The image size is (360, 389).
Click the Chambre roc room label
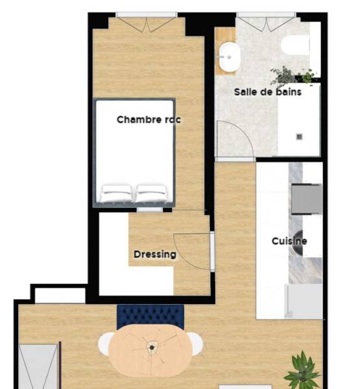click(x=149, y=119)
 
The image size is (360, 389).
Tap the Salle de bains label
click(x=267, y=92)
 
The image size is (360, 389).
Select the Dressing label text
click(x=155, y=254)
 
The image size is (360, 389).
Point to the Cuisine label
click(x=289, y=241)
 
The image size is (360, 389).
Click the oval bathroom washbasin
click(x=228, y=57)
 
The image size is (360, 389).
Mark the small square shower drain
click(x=300, y=136)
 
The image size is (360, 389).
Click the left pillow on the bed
click(x=117, y=192)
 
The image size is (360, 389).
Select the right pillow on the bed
click(x=151, y=192)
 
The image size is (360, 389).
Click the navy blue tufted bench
click(x=150, y=315)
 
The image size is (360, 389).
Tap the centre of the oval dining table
click(x=150, y=349)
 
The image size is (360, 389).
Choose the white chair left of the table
click(x=105, y=344)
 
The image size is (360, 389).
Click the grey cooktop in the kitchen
click(x=306, y=198)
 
